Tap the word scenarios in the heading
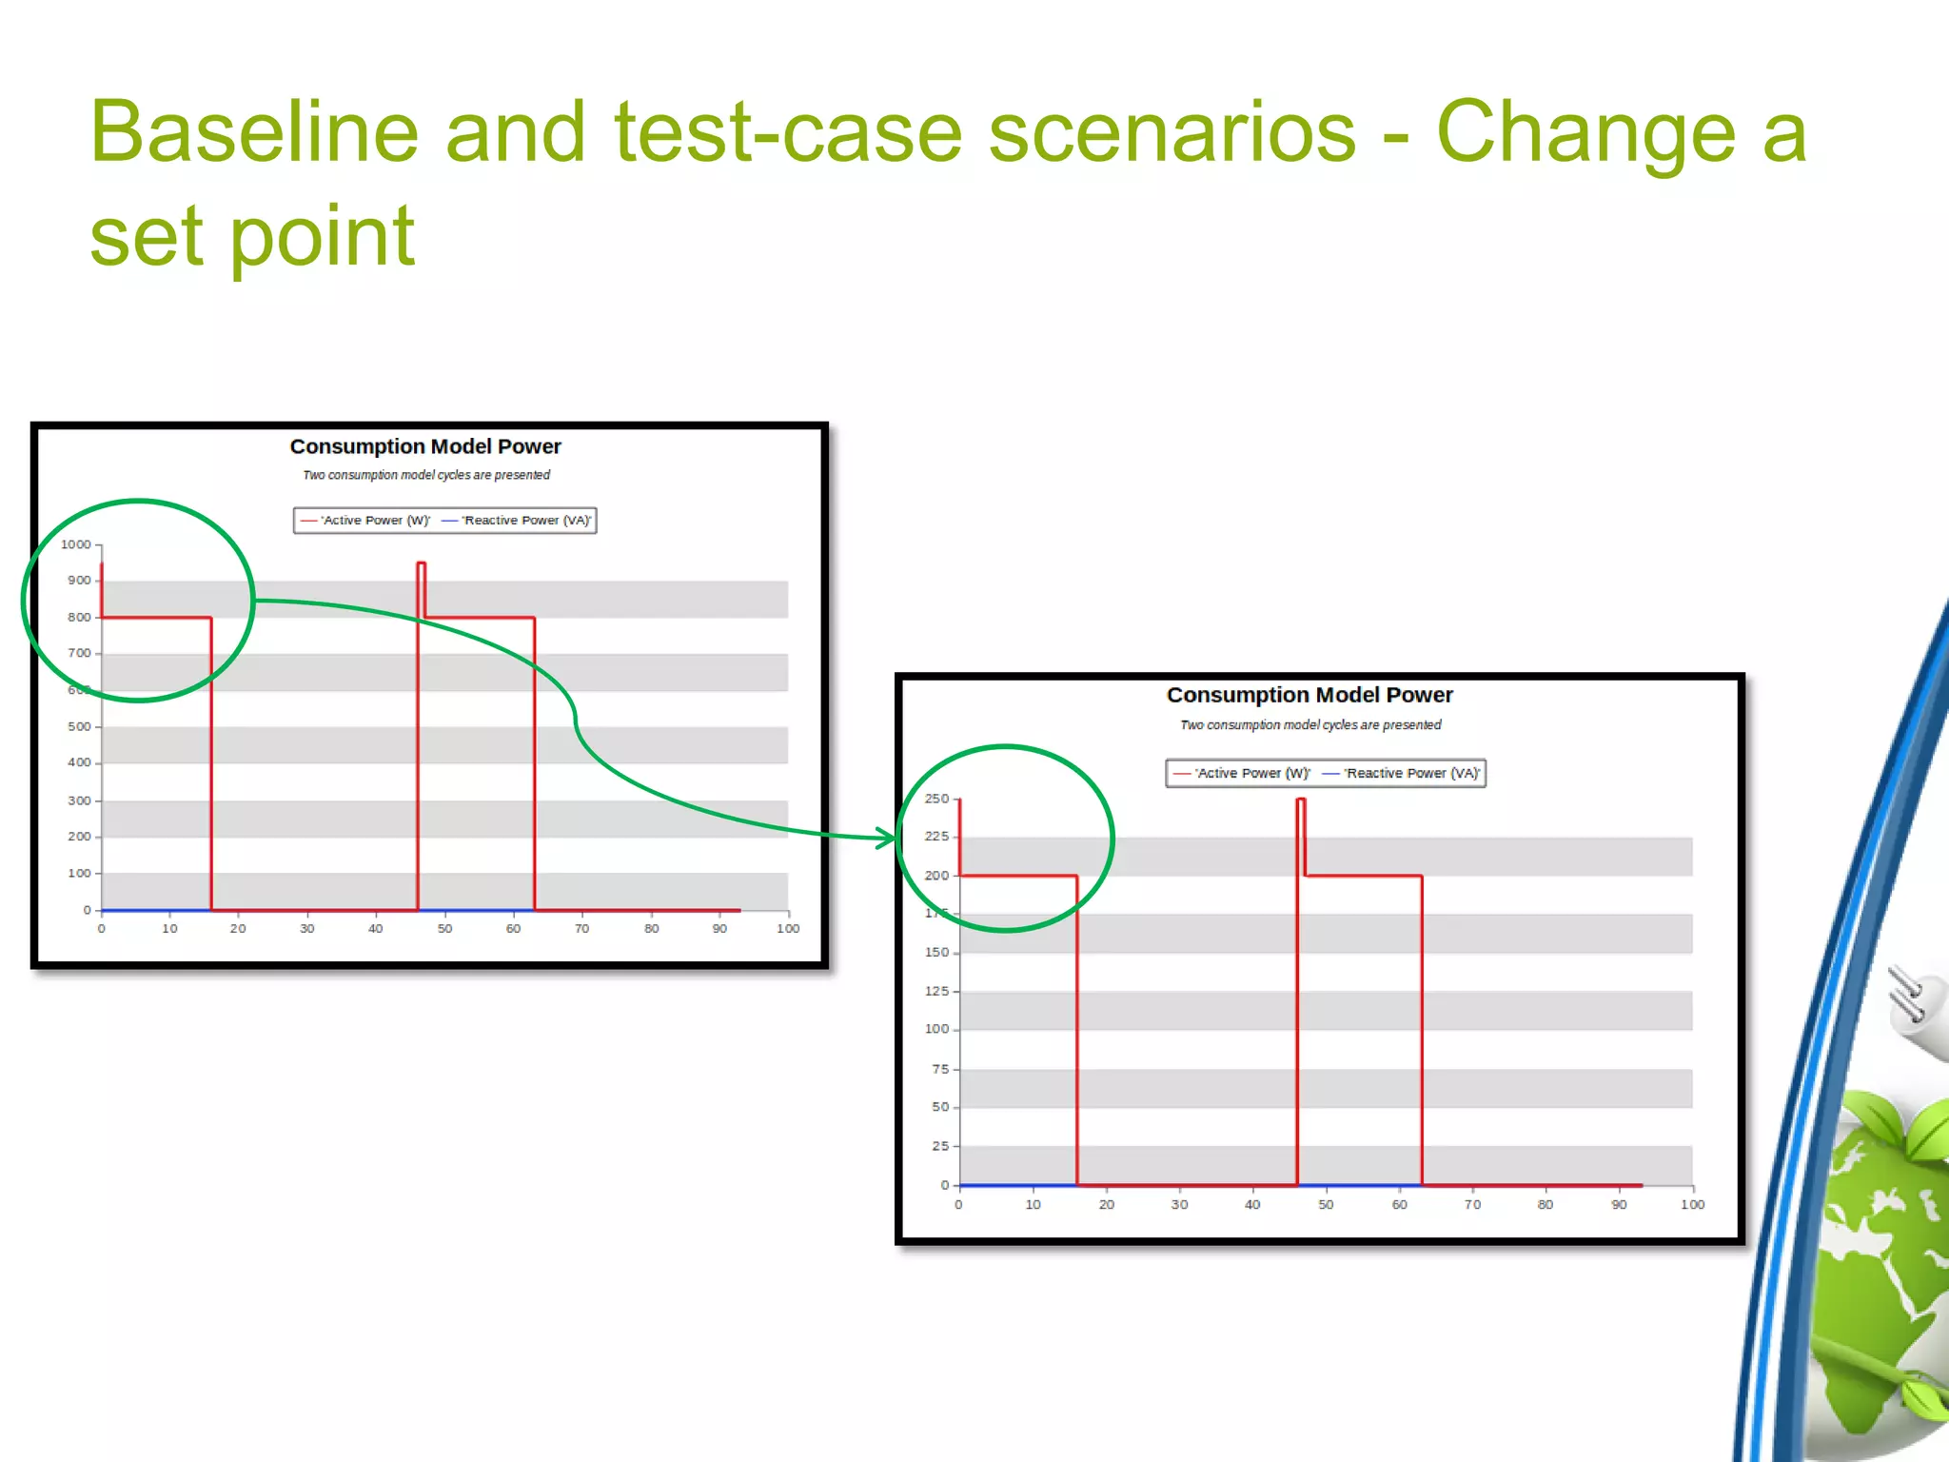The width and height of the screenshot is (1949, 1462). (1171, 132)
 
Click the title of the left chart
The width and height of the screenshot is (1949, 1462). (425, 446)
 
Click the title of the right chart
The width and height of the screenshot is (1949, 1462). (1309, 695)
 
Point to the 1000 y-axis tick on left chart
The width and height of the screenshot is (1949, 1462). (76, 544)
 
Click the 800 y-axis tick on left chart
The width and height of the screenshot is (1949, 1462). (79, 617)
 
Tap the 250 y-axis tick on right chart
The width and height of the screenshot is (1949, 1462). (936, 799)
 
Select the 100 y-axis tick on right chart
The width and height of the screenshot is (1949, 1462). (936, 1029)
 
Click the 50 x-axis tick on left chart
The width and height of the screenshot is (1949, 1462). (444, 928)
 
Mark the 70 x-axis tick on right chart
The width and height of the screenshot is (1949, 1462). (1472, 1204)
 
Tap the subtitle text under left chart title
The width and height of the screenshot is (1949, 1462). (426, 475)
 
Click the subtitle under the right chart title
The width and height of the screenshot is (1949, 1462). (1310, 725)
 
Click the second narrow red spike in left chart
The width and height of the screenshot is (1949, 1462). (422, 590)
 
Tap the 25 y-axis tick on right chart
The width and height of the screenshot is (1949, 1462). (940, 1146)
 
